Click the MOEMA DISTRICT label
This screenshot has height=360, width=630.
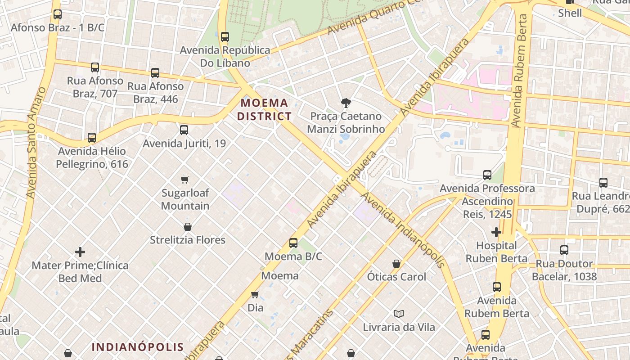[265, 109]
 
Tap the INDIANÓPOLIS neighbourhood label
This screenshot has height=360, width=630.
[138, 347]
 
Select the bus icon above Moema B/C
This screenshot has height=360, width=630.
[293, 243]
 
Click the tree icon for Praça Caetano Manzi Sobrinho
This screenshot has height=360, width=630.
[346, 103]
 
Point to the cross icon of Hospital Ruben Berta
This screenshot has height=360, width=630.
[496, 232]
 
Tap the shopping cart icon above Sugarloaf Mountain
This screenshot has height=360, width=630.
[185, 180]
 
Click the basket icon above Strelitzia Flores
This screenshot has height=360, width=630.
[188, 227]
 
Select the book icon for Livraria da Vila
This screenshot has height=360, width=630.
[399, 314]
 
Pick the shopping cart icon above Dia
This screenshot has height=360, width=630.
[255, 295]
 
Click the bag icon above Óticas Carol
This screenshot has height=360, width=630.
[396, 264]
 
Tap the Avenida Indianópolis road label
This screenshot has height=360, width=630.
[403, 230]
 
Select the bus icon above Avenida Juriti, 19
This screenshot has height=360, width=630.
[184, 130]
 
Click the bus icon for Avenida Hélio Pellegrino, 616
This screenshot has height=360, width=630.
[92, 138]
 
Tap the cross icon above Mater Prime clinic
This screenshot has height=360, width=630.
[80, 252]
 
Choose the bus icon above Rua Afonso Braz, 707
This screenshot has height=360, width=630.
[95, 67]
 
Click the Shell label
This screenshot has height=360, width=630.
[570, 13]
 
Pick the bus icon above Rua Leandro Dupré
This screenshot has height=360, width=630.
[603, 183]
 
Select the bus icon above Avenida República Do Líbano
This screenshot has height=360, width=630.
[225, 36]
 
